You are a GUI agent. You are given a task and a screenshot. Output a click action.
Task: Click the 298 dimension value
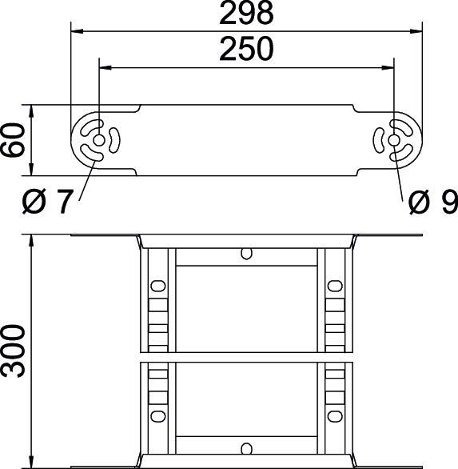tap(246, 14)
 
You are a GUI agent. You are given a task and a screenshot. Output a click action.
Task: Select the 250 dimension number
tap(246, 49)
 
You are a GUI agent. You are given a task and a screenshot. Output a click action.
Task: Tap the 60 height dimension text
tap(13, 140)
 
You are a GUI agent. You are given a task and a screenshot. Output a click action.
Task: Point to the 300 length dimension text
tap(13, 351)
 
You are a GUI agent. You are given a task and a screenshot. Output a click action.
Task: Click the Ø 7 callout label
tap(47, 202)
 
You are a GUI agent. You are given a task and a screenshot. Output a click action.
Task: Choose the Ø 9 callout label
tap(433, 202)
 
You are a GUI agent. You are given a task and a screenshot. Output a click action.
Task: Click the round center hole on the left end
tap(98, 140)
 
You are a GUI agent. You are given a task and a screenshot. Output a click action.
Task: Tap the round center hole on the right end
tap(394, 140)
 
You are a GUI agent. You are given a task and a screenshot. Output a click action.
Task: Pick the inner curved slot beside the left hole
tap(115, 140)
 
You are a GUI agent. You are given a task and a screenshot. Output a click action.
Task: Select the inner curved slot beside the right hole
tap(378, 140)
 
